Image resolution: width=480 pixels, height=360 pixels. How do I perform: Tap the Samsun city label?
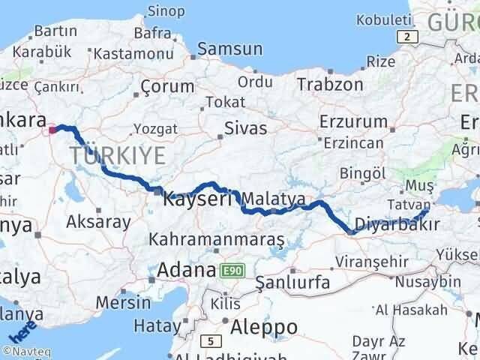229,49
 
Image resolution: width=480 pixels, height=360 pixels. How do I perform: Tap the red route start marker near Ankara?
52,130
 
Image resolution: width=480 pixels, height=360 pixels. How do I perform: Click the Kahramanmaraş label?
216,240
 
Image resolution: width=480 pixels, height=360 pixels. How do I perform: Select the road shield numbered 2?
406,37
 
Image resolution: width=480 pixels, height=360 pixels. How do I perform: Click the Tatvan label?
410,204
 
